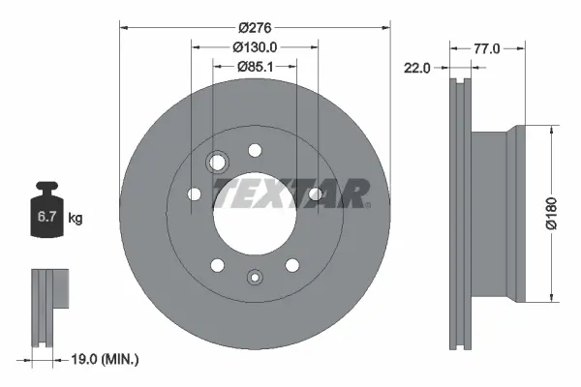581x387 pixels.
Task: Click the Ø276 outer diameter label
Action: click(255, 28)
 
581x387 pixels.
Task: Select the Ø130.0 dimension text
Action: click(255, 47)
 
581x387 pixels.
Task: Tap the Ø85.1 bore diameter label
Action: click(256, 67)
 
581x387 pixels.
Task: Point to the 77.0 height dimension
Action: click(487, 49)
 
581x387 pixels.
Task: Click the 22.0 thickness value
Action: click(416, 68)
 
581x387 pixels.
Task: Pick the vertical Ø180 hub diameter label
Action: click(551, 214)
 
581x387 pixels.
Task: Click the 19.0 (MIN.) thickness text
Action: click(105, 359)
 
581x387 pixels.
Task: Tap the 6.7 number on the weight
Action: click(46, 217)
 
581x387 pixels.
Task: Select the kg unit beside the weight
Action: click(76, 218)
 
